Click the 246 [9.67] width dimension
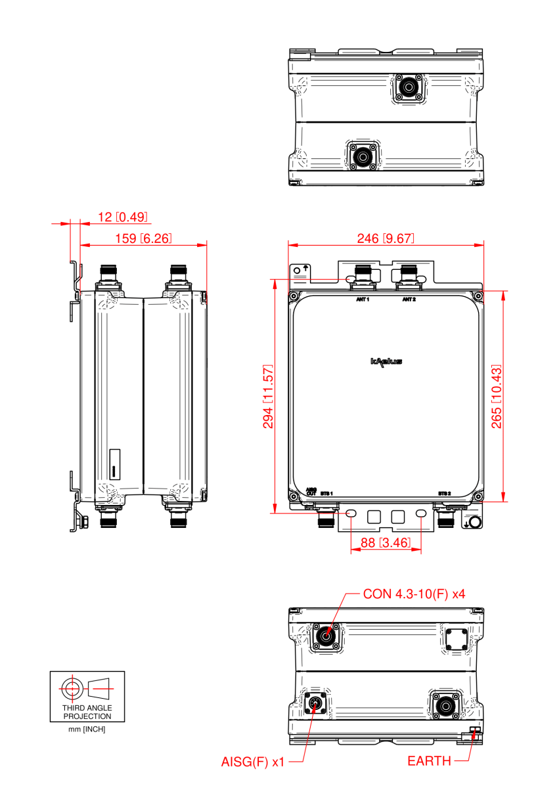[x=386, y=238]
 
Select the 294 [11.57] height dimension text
[x=268, y=395]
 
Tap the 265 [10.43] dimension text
[x=497, y=395]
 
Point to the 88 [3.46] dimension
[x=385, y=543]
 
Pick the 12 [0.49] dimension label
[x=123, y=217]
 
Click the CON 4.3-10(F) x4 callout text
[x=414, y=595]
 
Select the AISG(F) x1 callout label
[x=252, y=762]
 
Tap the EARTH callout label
[x=429, y=762]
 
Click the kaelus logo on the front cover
[x=386, y=361]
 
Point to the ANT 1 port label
[x=363, y=299]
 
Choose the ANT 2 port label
[x=409, y=299]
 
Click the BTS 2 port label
[x=445, y=492]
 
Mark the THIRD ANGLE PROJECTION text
[x=87, y=712]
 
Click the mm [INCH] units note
[x=87, y=730]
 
